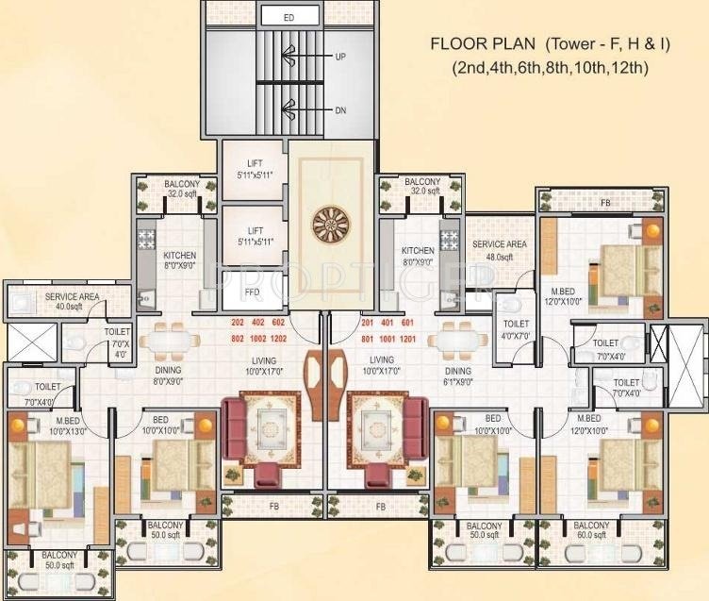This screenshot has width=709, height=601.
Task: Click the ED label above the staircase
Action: pyautogui.click(x=289, y=17)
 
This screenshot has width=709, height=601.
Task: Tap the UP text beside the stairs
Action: pyautogui.click(x=340, y=57)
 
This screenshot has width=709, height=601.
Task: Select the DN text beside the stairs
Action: pyautogui.click(x=340, y=110)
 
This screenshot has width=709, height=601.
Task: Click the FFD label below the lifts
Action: pyautogui.click(x=254, y=293)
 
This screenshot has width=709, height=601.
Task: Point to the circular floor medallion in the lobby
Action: pyautogui.click(x=332, y=228)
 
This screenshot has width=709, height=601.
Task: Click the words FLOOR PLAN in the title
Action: pyautogui.click(x=482, y=43)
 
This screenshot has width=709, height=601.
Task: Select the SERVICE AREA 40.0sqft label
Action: pyautogui.click(x=72, y=301)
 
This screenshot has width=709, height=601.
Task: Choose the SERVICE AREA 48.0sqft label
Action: pyautogui.click(x=499, y=250)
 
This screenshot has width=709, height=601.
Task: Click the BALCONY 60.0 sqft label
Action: pyautogui.click(x=590, y=530)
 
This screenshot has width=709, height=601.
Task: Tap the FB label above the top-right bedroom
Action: pyautogui.click(x=604, y=202)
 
